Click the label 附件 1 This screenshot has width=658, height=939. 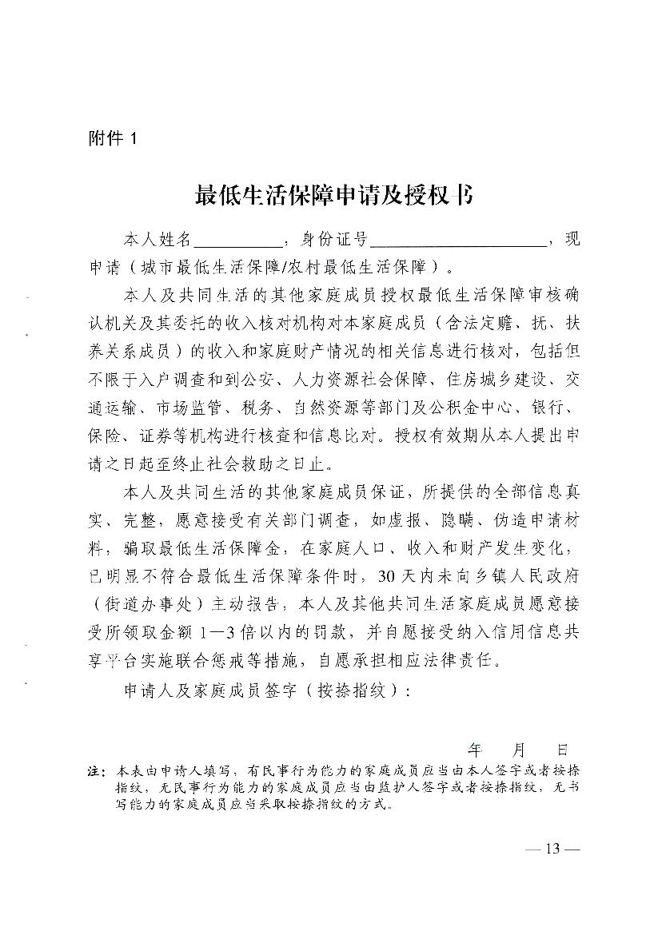click(113, 138)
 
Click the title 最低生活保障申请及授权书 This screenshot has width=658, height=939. click(333, 195)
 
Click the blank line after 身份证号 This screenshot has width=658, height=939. click(458, 241)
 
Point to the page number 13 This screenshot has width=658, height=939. click(551, 849)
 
